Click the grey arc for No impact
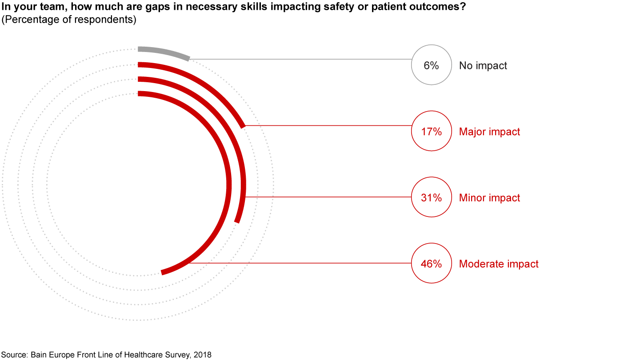164,52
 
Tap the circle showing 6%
431,65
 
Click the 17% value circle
431,131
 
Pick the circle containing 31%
431,197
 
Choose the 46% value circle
431,263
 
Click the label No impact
483,66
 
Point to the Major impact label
489,132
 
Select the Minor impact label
489,198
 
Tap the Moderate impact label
499,264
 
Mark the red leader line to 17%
329,126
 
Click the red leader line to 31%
329,197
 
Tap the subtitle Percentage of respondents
69,20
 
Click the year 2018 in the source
202,355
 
